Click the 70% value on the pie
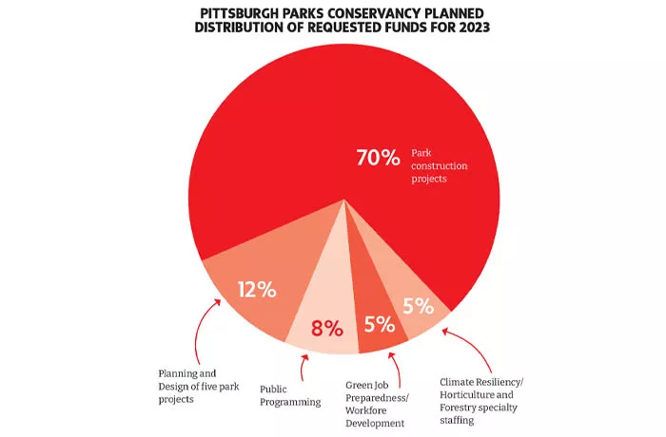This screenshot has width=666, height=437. tap(377, 159)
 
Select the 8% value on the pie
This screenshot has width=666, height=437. tap(325, 329)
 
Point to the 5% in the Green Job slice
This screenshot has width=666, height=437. tap(379, 324)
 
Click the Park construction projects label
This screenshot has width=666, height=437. tap(440, 165)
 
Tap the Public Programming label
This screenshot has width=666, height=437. tap(290, 395)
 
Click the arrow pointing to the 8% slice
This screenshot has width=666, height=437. tap(304, 367)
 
